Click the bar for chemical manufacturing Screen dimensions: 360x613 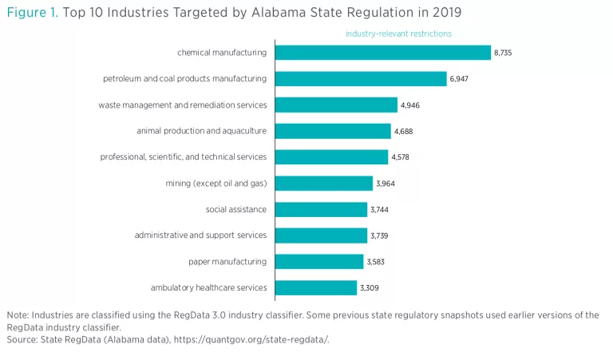(383, 53)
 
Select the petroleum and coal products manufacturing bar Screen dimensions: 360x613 (361, 78)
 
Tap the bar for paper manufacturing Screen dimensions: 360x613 (319, 261)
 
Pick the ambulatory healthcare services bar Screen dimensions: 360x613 (316, 287)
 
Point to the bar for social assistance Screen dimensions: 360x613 (322, 209)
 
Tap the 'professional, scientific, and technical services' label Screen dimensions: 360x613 (183, 157)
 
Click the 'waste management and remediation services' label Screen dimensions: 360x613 (182, 105)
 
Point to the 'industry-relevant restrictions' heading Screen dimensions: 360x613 (398, 34)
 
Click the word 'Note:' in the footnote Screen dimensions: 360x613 (18, 315)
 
